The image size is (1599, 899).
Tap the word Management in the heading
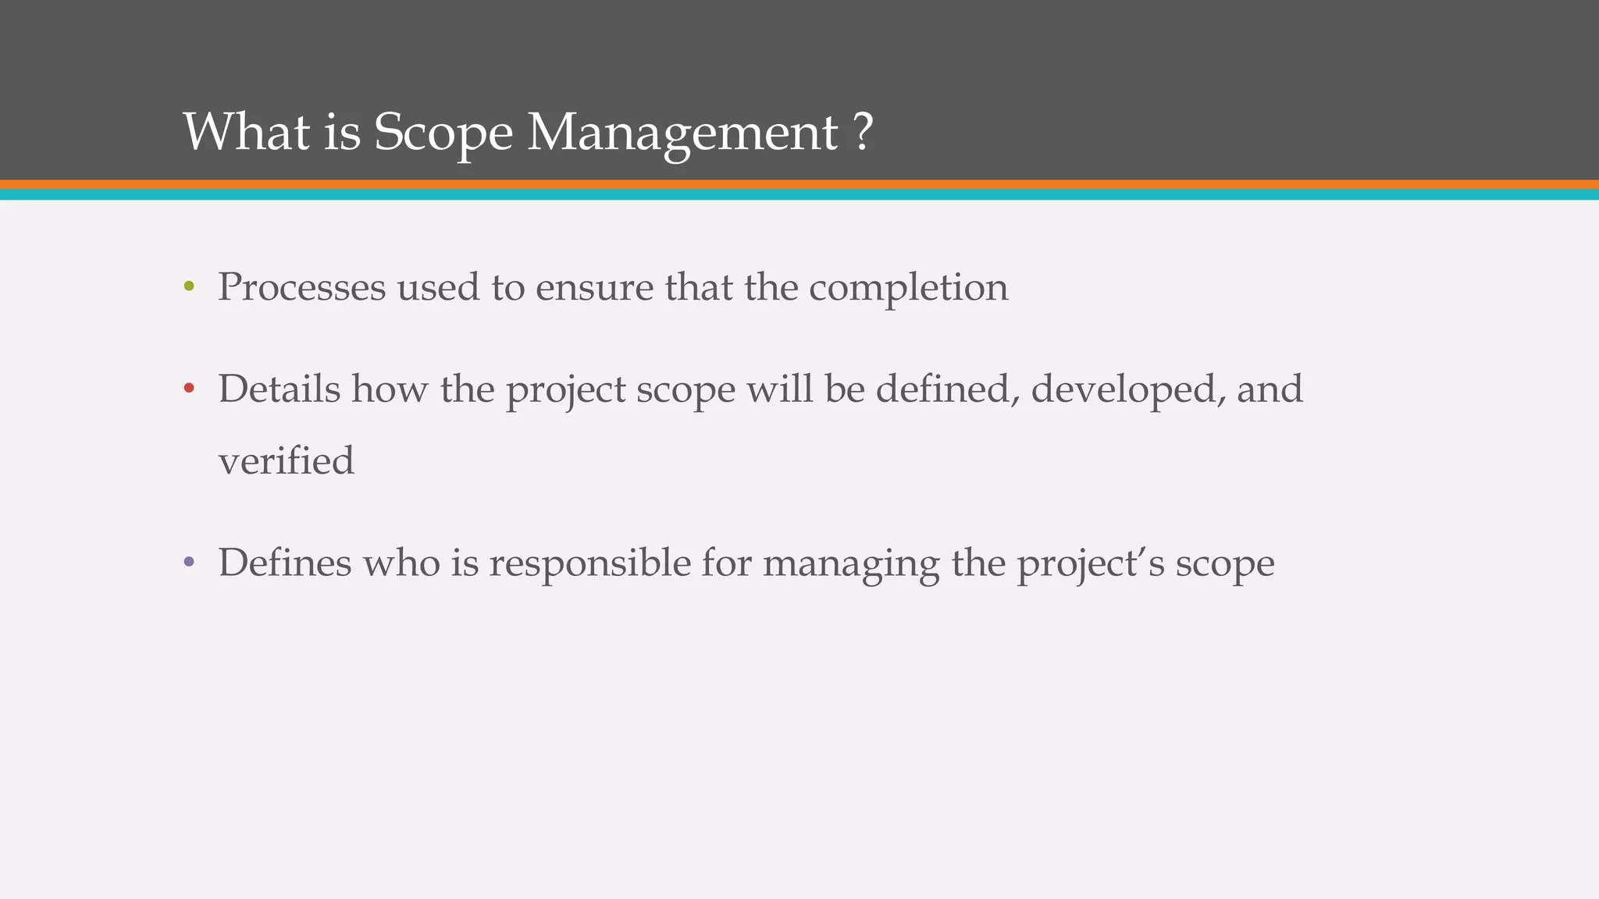pos(682,133)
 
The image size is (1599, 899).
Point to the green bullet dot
pos(188,287)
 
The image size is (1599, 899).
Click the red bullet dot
pos(188,389)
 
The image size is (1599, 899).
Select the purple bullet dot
pos(188,562)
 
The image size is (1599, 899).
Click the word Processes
pos(301,287)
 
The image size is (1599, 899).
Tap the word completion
pos(908,288)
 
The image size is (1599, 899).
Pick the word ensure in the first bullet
pos(594,288)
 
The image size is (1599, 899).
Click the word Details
pos(279,389)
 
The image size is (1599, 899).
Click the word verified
pos(286,460)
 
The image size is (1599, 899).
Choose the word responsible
pos(589,562)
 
